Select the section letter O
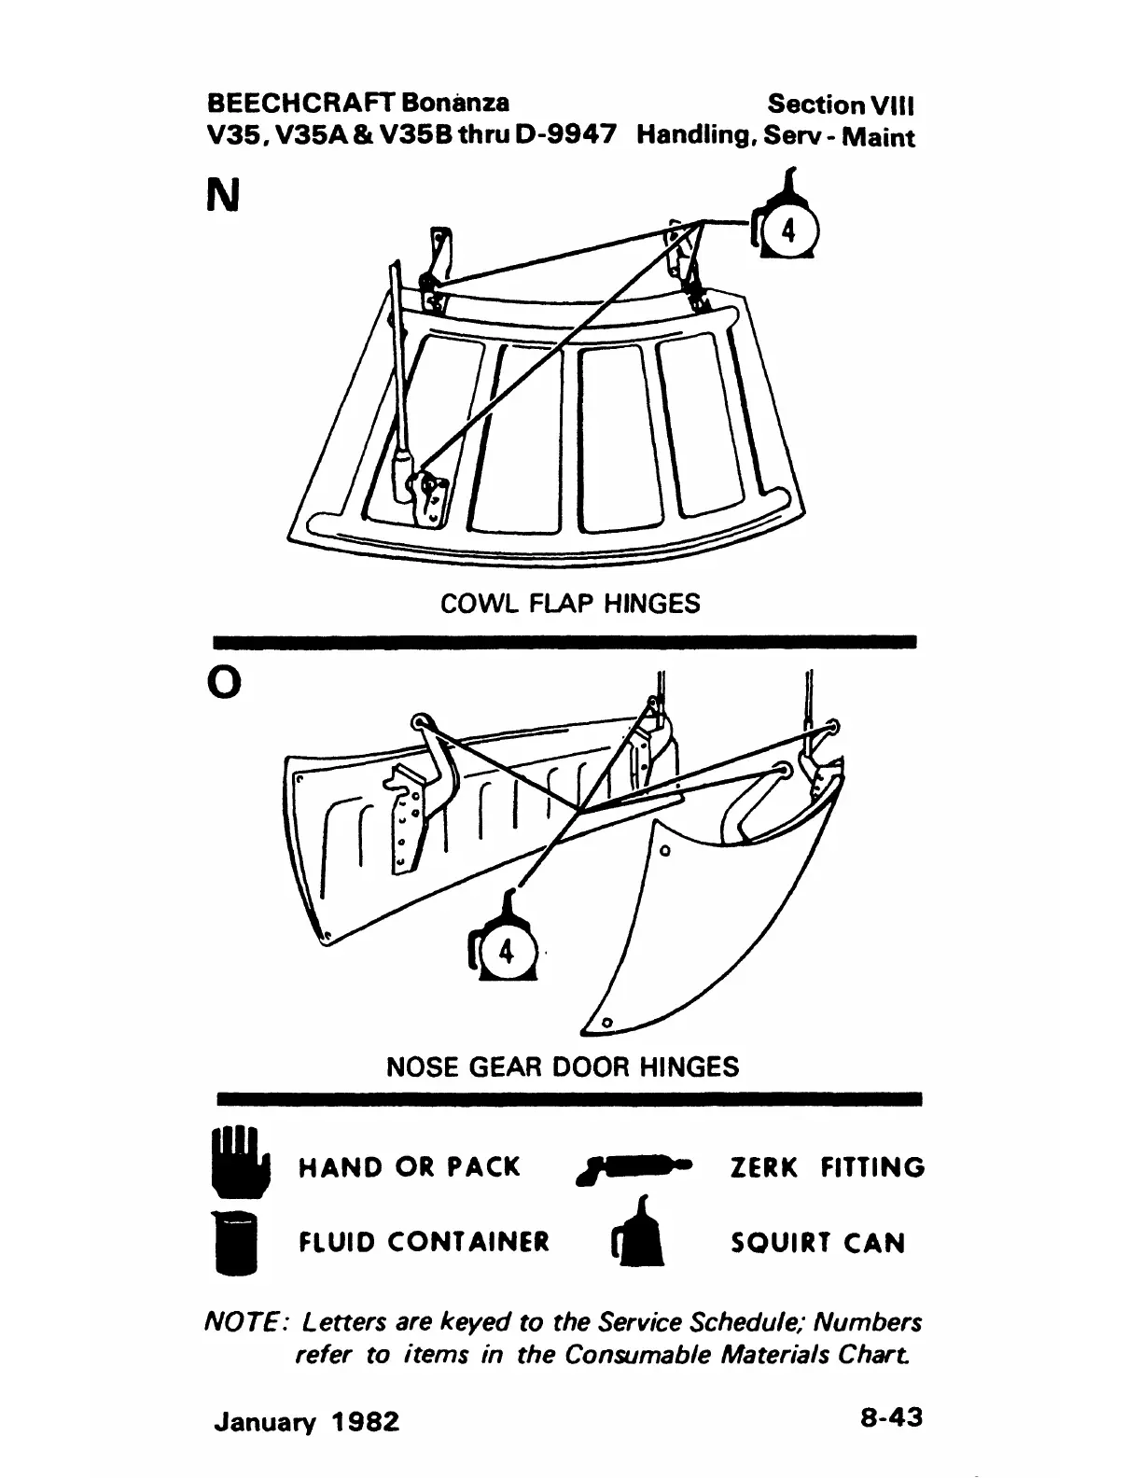tap(223, 683)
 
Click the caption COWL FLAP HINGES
tap(569, 604)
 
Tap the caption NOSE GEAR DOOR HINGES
tap(562, 1067)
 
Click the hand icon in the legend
tap(238, 1163)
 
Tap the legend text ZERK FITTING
tap(826, 1167)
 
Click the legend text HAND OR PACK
tap(409, 1167)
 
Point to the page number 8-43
tap(891, 1417)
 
